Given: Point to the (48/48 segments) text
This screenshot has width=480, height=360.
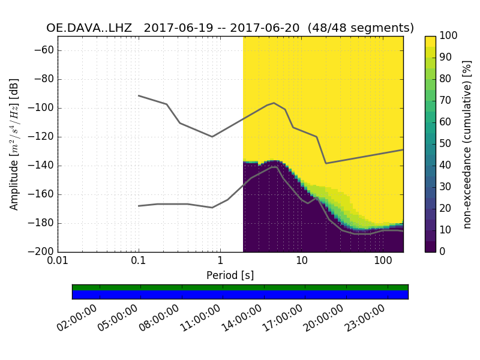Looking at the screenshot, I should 360,28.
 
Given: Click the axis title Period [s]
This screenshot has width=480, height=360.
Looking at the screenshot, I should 230,275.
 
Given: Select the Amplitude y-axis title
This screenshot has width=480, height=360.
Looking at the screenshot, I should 14,144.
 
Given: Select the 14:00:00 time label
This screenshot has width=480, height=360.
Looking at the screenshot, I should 242,319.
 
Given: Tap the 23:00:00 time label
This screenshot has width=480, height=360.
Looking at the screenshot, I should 365,319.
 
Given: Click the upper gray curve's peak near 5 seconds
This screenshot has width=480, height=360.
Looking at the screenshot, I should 274,103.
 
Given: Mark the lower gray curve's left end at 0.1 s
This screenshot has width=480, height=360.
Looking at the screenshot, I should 139,206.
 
